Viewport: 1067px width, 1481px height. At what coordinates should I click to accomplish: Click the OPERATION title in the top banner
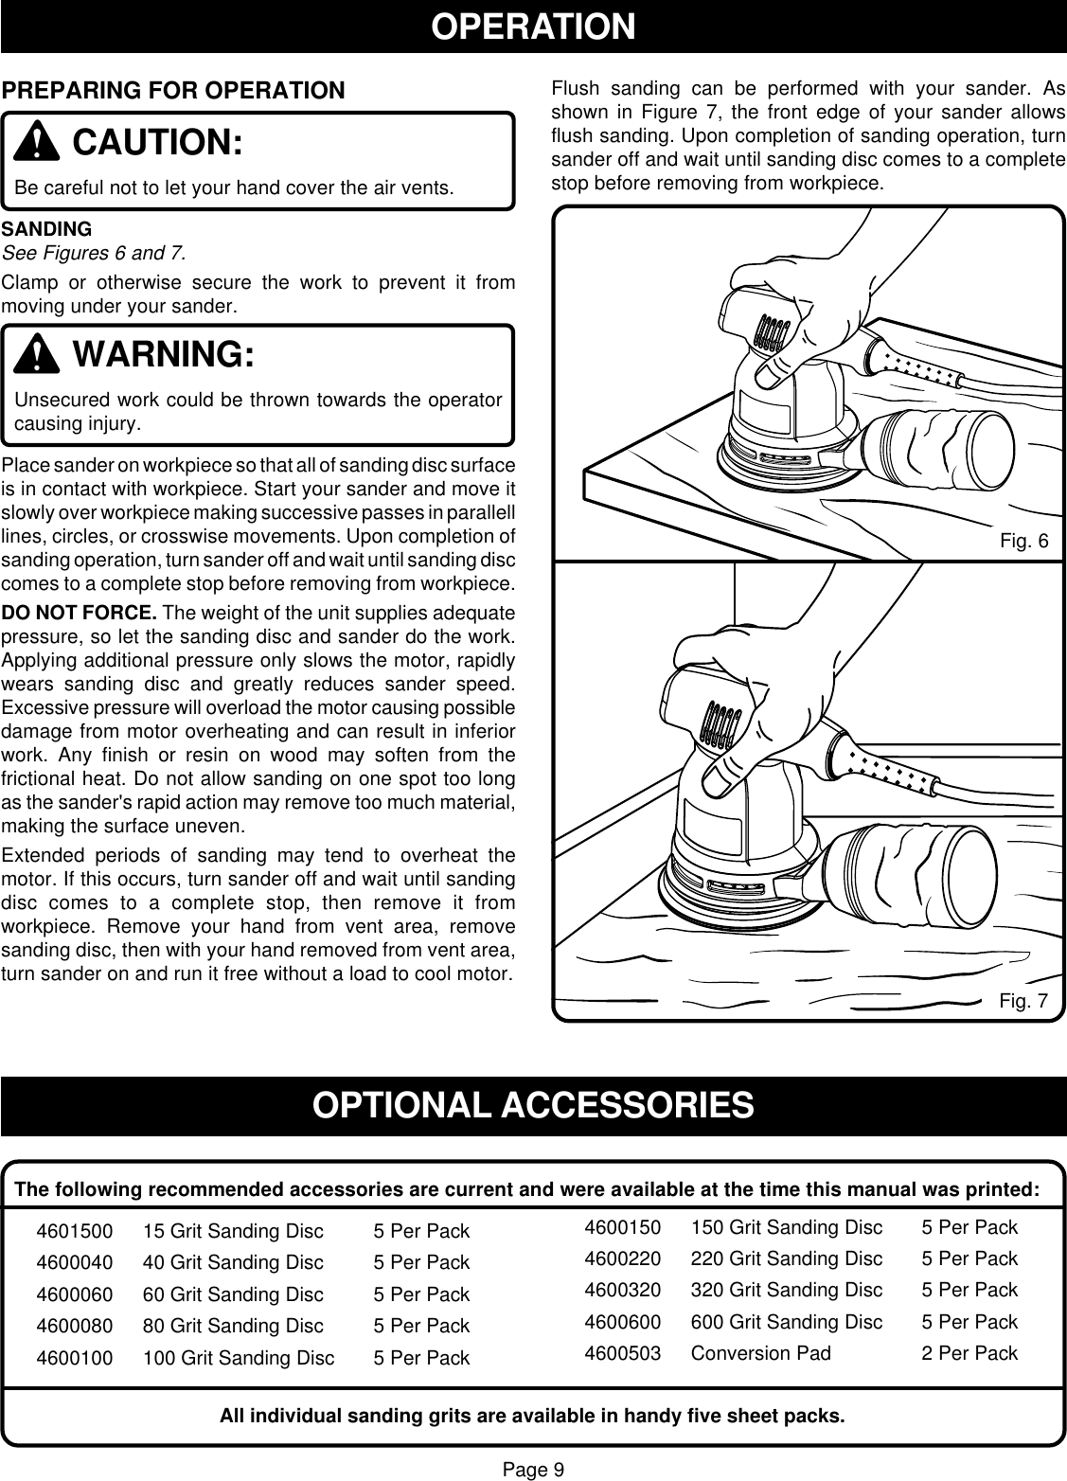(x=533, y=27)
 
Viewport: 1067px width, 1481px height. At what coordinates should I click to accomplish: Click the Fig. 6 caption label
(x=1023, y=542)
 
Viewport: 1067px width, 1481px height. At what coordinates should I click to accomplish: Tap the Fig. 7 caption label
(x=1023, y=1001)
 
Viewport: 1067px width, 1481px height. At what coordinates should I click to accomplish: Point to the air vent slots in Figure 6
(x=772, y=333)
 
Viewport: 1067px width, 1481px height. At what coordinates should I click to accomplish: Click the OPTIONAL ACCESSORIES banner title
(x=533, y=1105)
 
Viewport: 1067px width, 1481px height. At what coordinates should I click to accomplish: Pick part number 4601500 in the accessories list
(x=74, y=1232)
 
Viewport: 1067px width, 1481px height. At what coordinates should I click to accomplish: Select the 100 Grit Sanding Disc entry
(x=239, y=1358)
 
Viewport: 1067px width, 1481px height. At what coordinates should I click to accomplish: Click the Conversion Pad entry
(x=760, y=1353)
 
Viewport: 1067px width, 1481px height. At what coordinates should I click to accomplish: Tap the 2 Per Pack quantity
(x=969, y=1353)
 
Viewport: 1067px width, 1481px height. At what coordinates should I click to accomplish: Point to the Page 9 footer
(x=533, y=1470)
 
